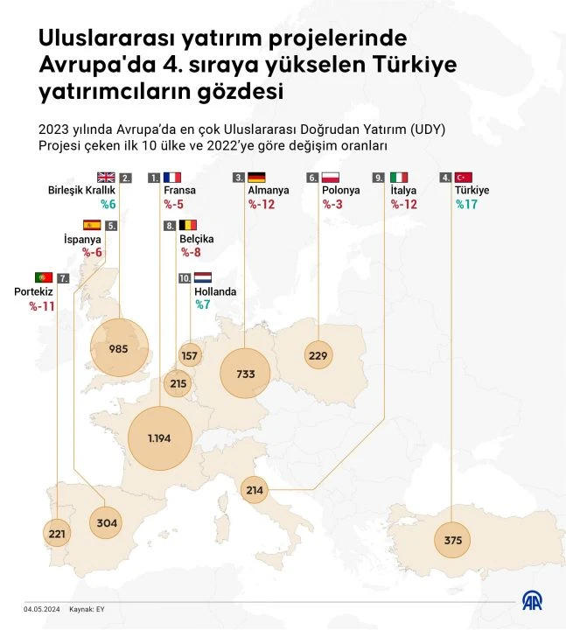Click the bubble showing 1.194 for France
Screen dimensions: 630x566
tap(159, 438)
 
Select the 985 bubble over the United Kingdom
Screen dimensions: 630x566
tap(119, 348)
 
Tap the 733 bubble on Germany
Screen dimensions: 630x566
tap(245, 374)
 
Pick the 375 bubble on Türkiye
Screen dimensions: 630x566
tap(452, 540)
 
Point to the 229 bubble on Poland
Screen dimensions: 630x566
tap(318, 354)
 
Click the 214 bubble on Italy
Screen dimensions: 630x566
tap(255, 490)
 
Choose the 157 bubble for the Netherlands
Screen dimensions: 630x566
tap(190, 354)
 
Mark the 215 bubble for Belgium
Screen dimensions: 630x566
tap(178, 383)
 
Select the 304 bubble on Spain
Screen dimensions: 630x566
tap(106, 522)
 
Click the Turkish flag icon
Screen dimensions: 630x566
tap(464, 178)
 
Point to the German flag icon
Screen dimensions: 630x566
tap(256, 178)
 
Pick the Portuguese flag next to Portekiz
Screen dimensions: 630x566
tap(44, 277)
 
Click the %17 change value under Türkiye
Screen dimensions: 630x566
tap(466, 205)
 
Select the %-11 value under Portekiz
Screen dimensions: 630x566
tap(42, 306)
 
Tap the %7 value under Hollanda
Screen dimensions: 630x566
tap(203, 304)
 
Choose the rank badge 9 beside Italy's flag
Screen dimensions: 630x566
tap(378, 178)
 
